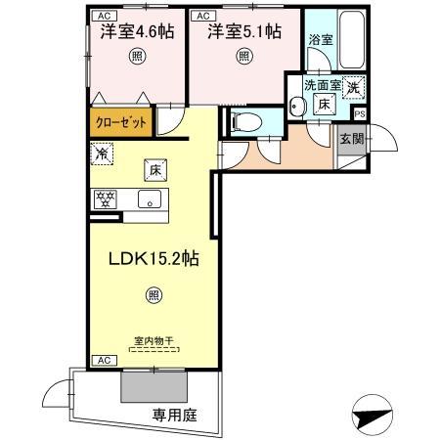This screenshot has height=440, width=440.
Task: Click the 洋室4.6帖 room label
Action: click(137, 32)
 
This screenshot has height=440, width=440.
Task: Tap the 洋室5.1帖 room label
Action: click(243, 32)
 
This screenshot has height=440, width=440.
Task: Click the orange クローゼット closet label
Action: click(122, 123)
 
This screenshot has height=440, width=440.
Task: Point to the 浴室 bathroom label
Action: click(320, 40)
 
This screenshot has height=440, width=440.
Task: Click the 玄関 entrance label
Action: click(350, 139)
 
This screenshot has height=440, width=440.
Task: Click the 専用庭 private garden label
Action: click(174, 415)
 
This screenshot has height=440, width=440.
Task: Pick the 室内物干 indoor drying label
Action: click(154, 341)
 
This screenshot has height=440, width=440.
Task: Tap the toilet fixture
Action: click(245, 121)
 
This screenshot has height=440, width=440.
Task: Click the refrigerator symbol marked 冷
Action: click(102, 153)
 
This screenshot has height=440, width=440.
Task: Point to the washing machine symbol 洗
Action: click(353, 86)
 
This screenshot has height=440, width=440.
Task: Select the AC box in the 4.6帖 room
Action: click(102, 17)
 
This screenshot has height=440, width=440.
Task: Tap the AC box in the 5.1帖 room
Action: click(203, 17)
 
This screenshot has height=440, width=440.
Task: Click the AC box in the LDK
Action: click(102, 361)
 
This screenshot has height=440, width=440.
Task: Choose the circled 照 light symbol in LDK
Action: click(154, 294)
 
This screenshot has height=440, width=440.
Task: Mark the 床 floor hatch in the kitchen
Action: click(154, 168)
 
